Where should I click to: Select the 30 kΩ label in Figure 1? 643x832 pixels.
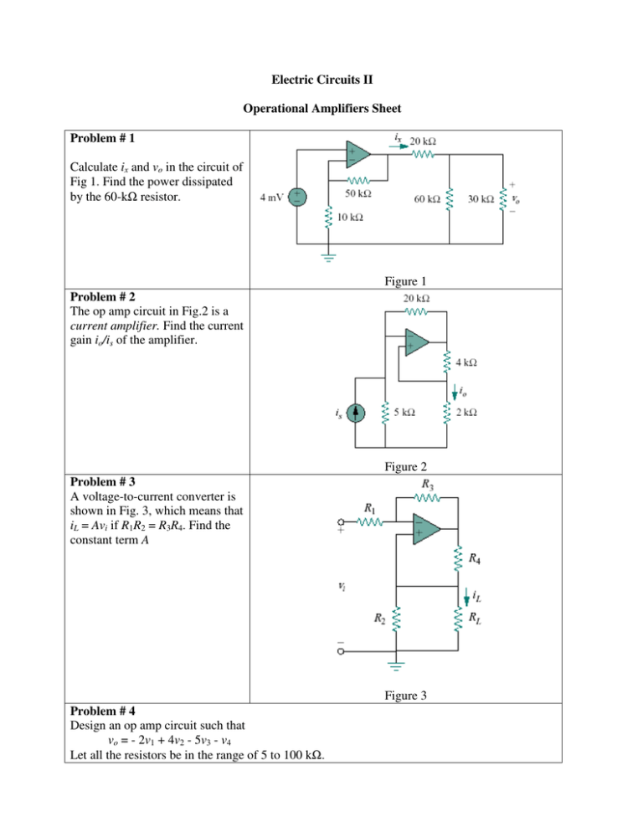click(480, 200)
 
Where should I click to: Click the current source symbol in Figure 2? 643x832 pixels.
click(353, 413)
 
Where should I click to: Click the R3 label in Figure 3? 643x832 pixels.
click(426, 485)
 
